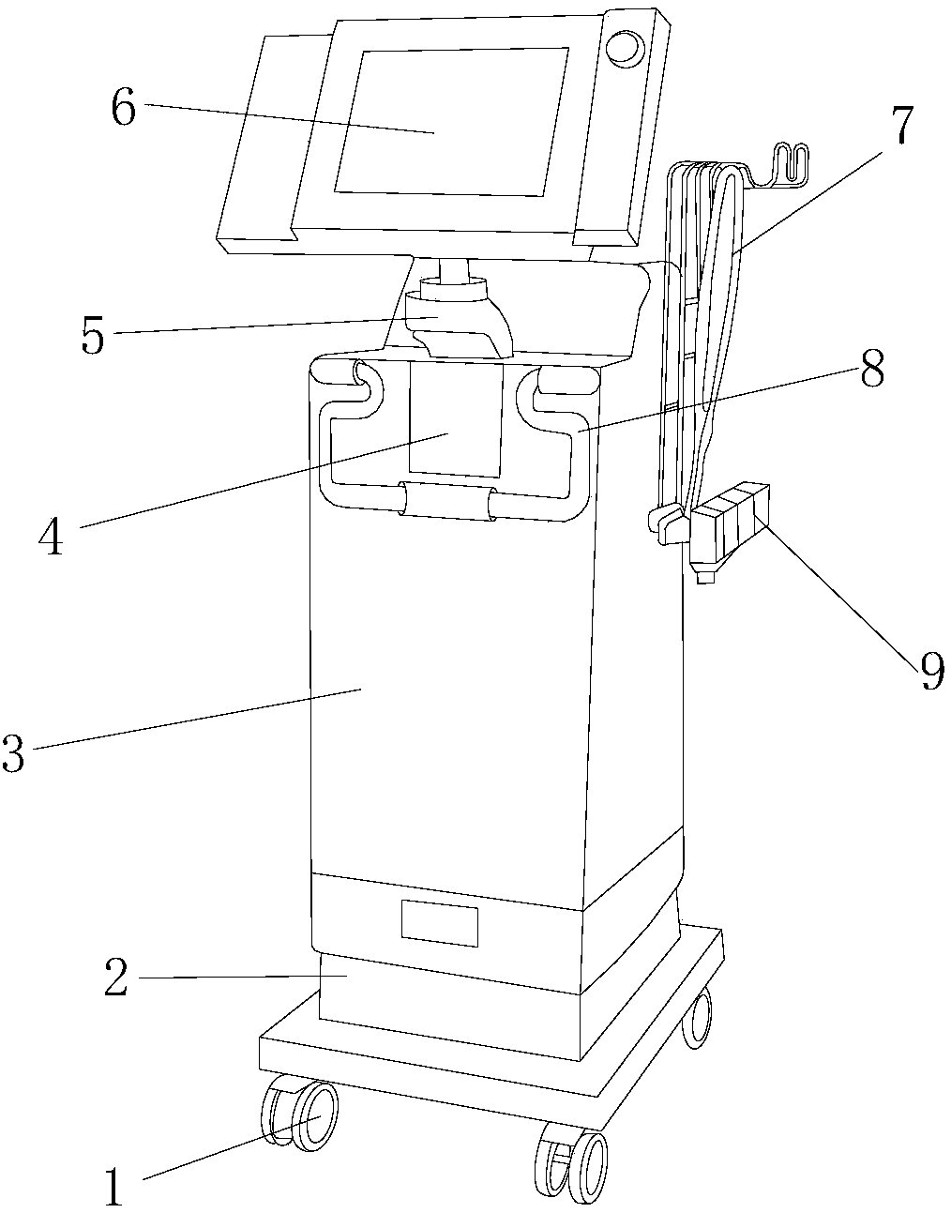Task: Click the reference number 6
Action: pos(123,109)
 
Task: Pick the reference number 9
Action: pos(929,672)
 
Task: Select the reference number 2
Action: pos(114,978)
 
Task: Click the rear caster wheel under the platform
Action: pos(697,1018)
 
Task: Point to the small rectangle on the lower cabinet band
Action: pos(439,923)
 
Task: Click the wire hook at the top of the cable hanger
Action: pos(790,164)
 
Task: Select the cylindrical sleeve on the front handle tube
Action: pos(446,500)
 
